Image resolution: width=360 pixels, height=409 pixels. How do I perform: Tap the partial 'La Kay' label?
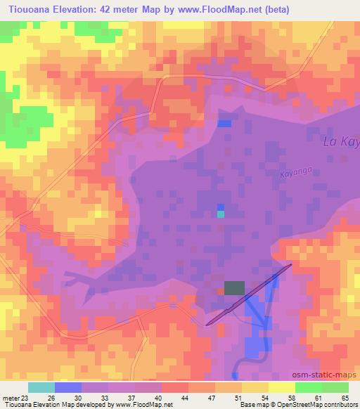pos(340,143)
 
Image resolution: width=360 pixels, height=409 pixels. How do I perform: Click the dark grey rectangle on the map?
pos(235,287)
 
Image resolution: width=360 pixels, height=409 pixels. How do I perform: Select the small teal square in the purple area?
pos(221,214)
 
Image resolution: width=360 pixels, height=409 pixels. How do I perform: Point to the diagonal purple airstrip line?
pos(250,294)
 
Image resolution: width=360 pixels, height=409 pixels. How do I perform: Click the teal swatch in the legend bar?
pos(41,387)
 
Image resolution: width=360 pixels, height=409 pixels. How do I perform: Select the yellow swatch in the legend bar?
pos(281,387)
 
